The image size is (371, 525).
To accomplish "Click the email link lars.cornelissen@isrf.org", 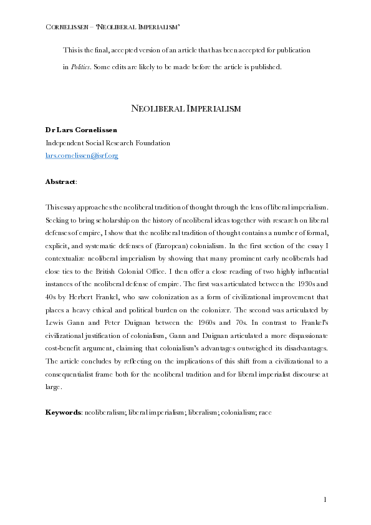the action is pyautogui.click(x=82, y=155).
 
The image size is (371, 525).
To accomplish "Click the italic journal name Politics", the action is pyautogui.click(x=80, y=67).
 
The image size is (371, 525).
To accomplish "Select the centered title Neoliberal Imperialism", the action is pyautogui.click(x=185, y=109).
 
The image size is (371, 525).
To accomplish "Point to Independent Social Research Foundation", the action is pyautogui.click(x=107, y=143).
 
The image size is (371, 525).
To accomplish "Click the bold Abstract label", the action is pyautogui.click(x=60, y=181).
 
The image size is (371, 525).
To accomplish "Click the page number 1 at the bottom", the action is pyautogui.click(x=325, y=499).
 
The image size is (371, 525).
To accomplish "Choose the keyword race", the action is pyautogui.click(x=265, y=413).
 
